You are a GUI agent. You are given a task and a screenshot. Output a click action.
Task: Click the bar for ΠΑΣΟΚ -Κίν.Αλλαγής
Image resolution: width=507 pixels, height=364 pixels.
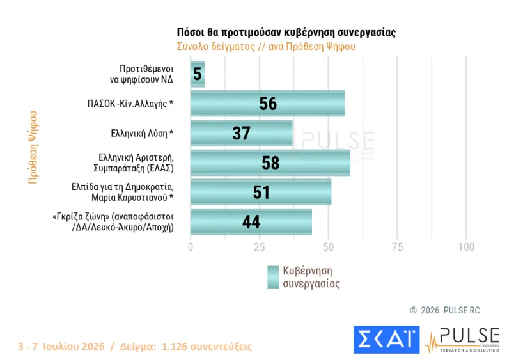point(267,103)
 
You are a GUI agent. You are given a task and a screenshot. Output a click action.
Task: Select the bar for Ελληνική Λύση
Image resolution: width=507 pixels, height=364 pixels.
point(242,133)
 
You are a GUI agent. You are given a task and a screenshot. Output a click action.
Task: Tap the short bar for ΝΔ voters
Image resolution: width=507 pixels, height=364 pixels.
point(198,74)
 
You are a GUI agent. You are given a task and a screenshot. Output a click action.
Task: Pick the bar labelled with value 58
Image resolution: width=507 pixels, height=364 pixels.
point(270,162)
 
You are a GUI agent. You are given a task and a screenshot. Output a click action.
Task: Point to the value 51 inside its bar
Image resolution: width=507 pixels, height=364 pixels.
point(261,192)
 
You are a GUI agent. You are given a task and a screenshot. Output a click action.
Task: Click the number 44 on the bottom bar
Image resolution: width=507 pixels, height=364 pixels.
point(251,222)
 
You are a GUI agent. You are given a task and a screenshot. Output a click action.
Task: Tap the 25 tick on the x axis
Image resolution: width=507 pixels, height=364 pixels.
point(260,248)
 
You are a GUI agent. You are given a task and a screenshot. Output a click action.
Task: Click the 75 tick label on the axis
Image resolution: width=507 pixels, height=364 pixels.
point(398,248)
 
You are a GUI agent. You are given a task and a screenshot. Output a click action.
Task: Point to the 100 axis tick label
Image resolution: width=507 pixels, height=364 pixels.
point(466,248)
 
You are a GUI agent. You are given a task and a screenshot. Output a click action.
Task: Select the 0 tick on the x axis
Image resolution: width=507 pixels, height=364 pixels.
point(191,248)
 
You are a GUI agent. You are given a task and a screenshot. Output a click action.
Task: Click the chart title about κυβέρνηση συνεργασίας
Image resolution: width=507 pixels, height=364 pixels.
point(286,33)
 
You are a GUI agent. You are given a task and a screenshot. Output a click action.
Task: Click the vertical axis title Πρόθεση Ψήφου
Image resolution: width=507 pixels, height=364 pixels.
point(33,148)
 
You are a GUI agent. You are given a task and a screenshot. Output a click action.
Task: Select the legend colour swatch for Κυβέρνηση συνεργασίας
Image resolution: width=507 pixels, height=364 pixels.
point(273,277)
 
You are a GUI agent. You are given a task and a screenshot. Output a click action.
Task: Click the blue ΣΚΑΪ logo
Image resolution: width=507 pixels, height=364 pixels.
point(387,340)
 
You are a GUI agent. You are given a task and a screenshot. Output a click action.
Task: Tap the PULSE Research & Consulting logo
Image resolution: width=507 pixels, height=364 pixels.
point(463,340)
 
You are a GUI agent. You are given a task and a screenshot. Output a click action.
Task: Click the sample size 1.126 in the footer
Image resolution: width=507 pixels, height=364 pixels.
point(174,347)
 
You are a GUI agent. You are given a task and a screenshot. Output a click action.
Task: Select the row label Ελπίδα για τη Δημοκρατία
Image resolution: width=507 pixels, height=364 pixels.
point(123,187)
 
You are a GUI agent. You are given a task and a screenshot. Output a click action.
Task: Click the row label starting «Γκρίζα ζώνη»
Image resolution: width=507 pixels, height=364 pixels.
point(113,222)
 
